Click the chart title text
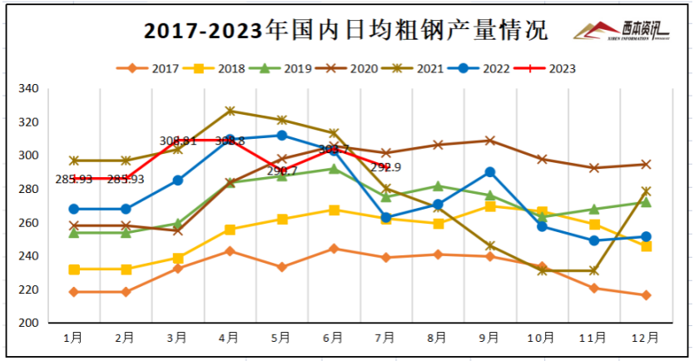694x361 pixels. coord(345,32)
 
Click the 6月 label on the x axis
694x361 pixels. coord(333,338)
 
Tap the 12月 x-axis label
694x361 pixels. coord(646,338)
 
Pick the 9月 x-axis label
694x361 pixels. coord(489,338)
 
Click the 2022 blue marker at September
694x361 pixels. coord(490,172)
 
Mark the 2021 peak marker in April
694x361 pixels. coord(230,111)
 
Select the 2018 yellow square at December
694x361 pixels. coord(646,246)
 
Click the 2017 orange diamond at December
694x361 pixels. coord(646,295)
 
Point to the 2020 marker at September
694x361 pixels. coord(490,141)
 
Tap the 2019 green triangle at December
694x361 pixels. coord(646,202)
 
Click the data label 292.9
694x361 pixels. coord(387,167)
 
